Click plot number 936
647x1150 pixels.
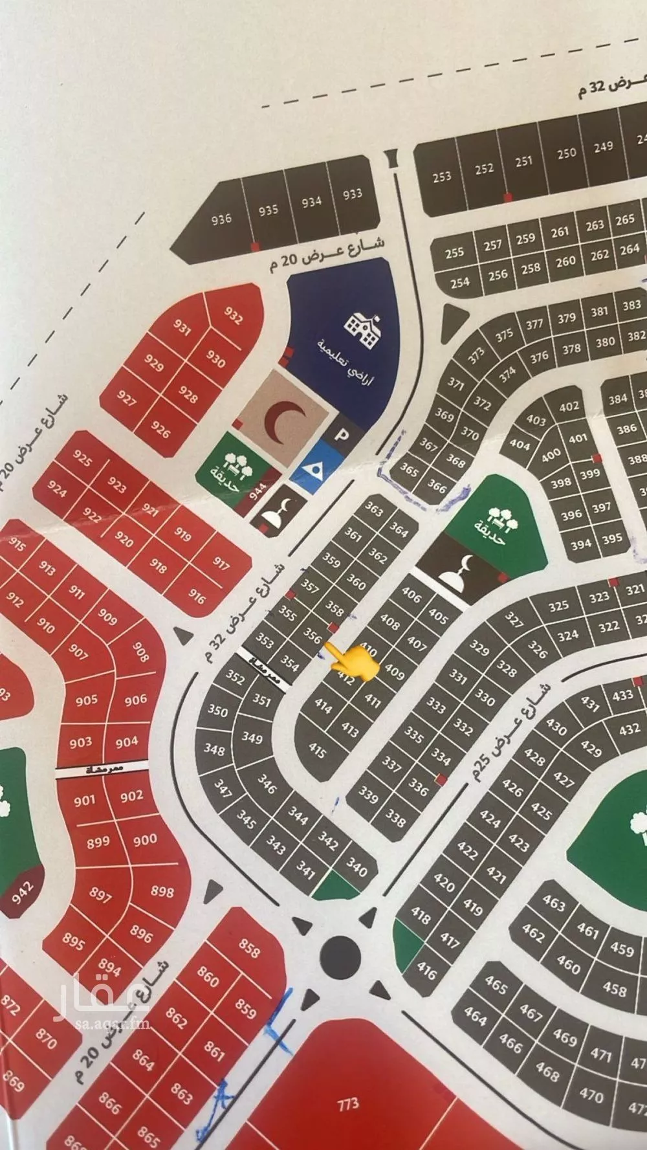click(221, 219)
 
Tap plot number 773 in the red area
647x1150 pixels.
click(348, 1103)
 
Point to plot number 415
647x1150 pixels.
click(318, 750)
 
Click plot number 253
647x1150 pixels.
click(442, 176)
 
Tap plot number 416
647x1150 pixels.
click(426, 971)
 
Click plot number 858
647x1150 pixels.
click(249, 949)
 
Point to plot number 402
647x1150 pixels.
click(569, 406)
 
